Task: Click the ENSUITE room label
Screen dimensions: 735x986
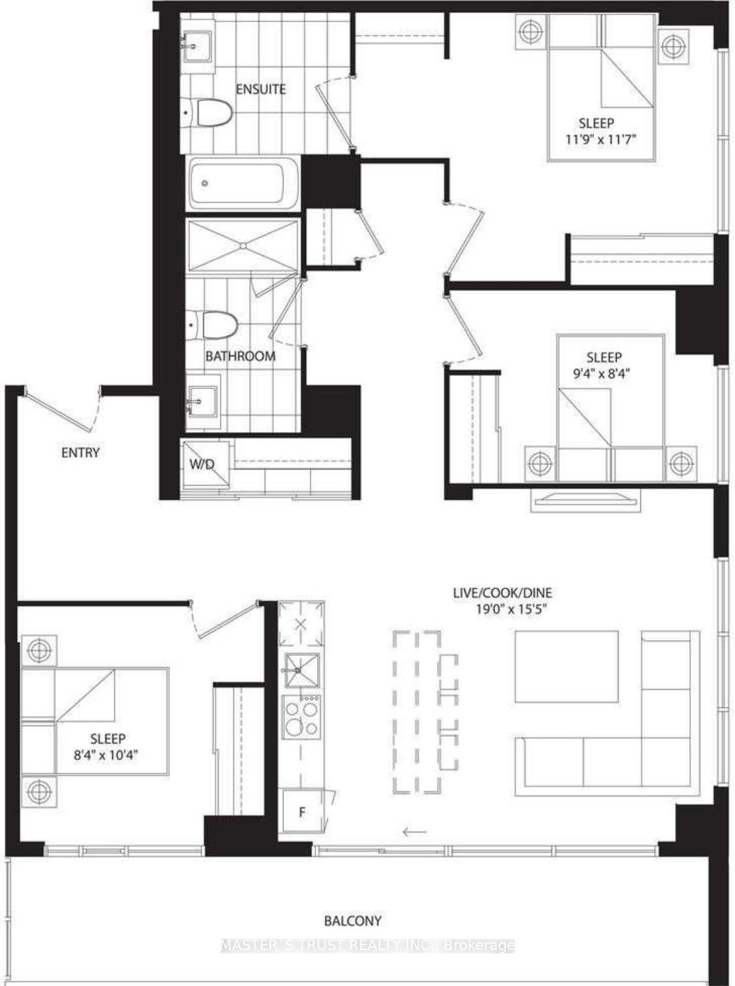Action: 261,89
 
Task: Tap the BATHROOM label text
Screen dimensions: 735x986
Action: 240,356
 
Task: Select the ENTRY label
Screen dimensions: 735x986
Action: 80,452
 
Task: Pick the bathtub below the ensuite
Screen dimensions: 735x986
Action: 242,184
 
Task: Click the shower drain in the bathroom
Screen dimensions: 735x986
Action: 242,246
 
